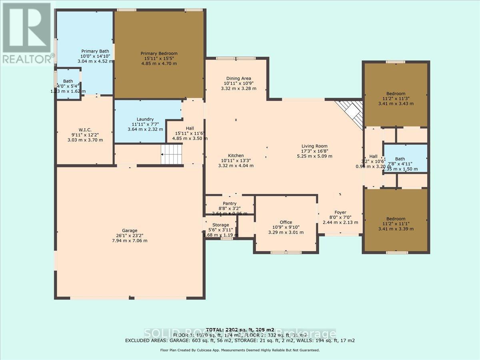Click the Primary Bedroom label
pos(159,54)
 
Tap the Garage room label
pos(130,230)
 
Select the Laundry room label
pos(145,119)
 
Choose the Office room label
pos(286,222)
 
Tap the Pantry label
pos(230,204)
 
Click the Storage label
pos(220,225)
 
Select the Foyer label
pos(340,212)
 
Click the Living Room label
pos(314,146)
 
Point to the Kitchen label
pos(236,156)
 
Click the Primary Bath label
pos(95,51)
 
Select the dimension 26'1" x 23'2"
pos(130,236)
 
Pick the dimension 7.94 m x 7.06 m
pos(130,241)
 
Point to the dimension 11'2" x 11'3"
pos(395,99)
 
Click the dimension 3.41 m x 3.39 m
pos(395,229)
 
